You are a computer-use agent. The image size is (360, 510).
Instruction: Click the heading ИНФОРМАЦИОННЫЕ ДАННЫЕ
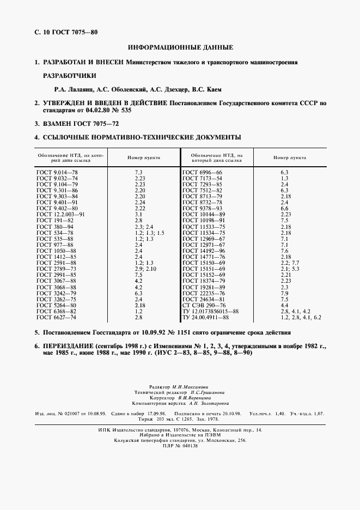coord(180,48)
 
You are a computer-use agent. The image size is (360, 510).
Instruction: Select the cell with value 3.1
coord(138,214)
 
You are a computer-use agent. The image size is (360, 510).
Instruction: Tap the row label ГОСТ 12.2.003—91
coord(60,214)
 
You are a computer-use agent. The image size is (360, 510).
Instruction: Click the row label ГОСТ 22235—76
coord(203,293)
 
